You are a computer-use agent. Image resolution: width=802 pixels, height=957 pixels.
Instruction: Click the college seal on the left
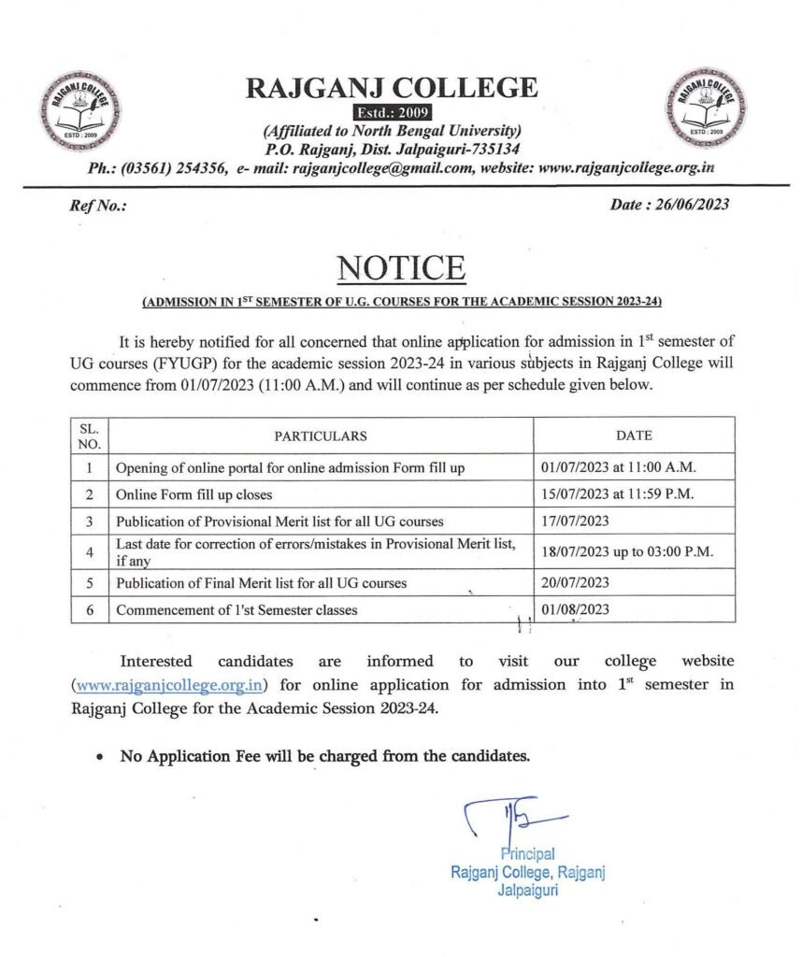pyautogui.click(x=79, y=113)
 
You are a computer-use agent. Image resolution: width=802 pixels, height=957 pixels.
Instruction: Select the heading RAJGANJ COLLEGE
pyautogui.click(x=391, y=89)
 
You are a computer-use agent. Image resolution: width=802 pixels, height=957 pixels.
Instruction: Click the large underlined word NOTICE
pyautogui.click(x=401, y=268)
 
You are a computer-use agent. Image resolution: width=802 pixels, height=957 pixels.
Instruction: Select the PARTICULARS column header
pyautogui.click(x=321, y=436)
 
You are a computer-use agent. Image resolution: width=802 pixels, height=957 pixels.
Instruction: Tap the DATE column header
pyautogui.click(x=634, y=436)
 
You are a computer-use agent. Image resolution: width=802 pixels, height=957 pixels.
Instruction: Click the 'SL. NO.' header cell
pyautogui.click(x=89, y=436)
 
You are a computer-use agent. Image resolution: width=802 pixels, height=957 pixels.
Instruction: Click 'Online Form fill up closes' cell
pyautogui.click(x=193, y=493)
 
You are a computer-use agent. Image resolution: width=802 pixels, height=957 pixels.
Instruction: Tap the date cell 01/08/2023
pyautogui.click(x=575, y=611)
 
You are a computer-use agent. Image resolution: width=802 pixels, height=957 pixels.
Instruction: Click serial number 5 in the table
pyautogui.click(x=89, y=583)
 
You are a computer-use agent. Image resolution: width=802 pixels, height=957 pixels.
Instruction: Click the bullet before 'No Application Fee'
pyautogui.click(x=101, y=757)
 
